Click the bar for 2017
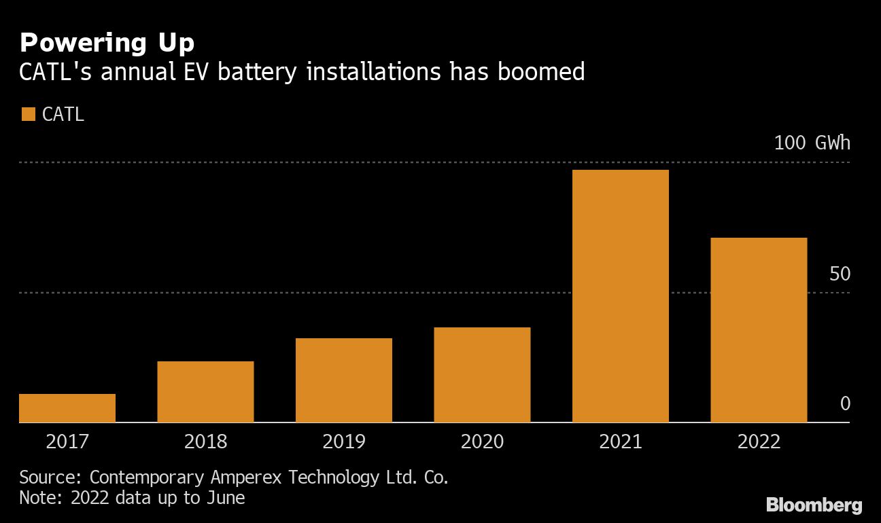[x=67, y=408]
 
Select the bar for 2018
[x=205, y=392]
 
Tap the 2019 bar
[x=343, y=380]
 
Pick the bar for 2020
[x=482, y=375]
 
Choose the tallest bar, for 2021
[x=620, y=296]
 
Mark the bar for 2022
[x=759, y=330]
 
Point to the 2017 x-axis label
[x=67, y=442]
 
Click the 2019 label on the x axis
[x=343, y=442]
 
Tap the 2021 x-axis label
[x=620, y=442]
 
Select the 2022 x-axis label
[x=759, y=442]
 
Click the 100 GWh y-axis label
[x=812, y=143]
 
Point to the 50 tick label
[x=840, y=274]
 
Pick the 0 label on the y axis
[x=845, y=404]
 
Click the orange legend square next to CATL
[x=28, y=114]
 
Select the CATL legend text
[x=63, y=114]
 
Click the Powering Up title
[x=107, y=43]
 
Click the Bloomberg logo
[x=814, y=505]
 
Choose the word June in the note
[x=224, y=498]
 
